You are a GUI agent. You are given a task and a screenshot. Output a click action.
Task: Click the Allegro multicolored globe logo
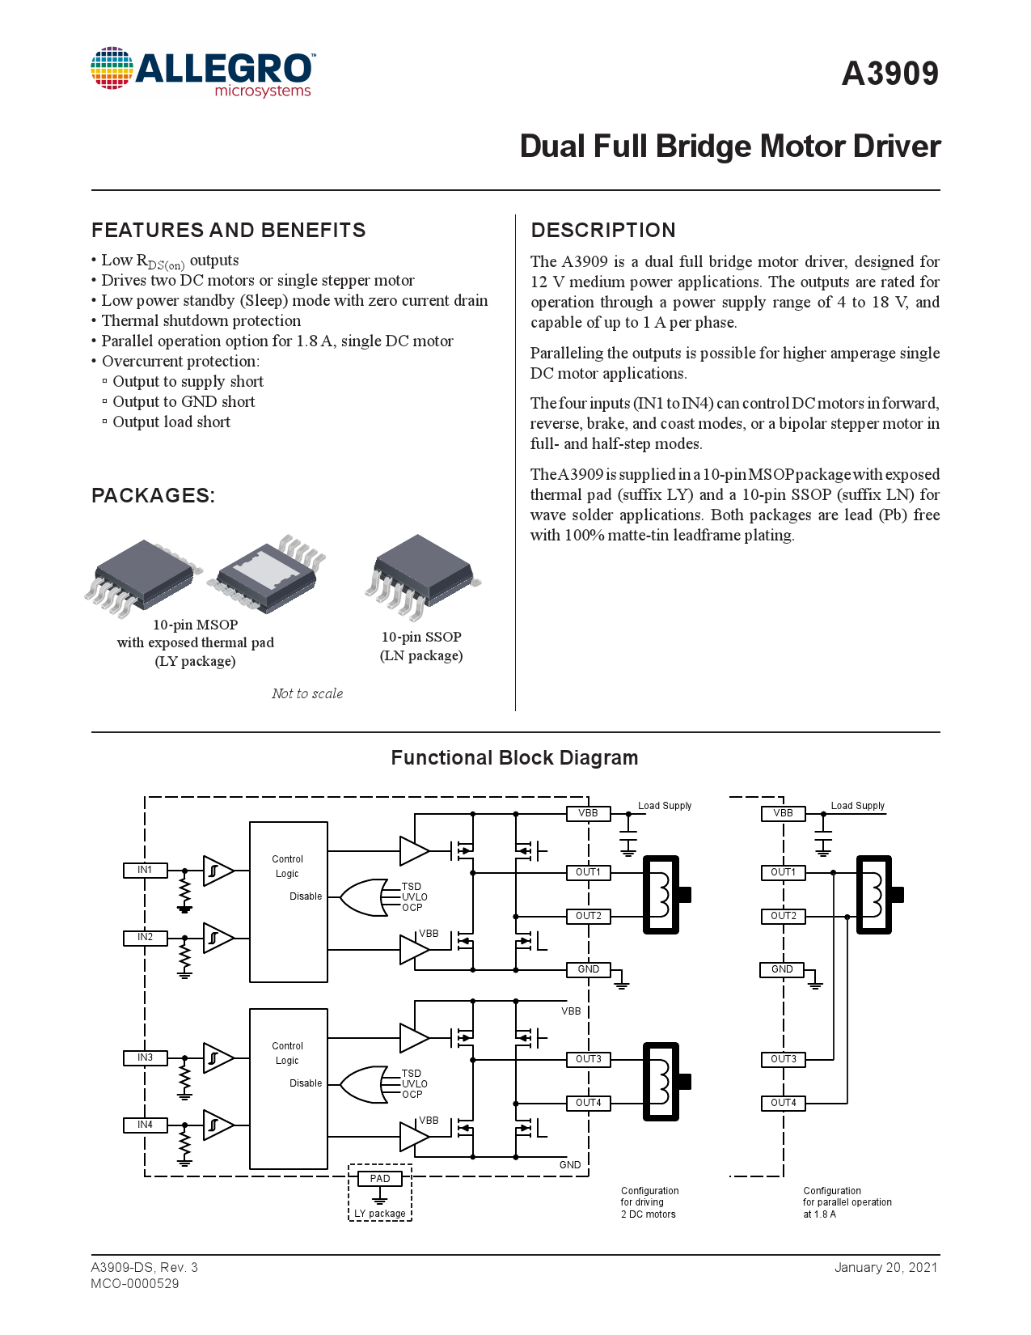pos(112,68)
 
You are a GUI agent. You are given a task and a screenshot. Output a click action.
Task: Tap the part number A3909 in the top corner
pos(889,74)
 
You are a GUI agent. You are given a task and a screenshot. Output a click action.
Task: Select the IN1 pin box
pos(145,870)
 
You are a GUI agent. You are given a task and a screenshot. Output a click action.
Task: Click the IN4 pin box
pos(145,1125)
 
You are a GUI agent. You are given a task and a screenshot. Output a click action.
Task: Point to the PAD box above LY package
pos(379,1178)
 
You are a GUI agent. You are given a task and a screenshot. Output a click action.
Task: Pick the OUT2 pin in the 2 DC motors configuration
pos(588,916)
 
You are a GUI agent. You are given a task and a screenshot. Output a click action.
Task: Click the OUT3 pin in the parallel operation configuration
pos(783,1059)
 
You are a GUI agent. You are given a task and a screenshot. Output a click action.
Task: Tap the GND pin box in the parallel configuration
pos(782,969)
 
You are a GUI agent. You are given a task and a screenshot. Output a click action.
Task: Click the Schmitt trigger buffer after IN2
pos(218,938)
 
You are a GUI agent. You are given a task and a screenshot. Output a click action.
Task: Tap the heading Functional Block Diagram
pos(514,758)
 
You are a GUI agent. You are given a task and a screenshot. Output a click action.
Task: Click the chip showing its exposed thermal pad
pos(267,574)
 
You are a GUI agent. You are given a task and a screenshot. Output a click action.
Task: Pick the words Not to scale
pos(307,693)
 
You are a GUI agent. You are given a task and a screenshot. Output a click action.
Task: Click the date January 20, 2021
pos(886,1267)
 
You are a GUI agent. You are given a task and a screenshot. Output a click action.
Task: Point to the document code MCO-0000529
pos(135,1284)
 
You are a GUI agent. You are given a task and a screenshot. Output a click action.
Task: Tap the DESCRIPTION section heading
pos(603,231)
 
